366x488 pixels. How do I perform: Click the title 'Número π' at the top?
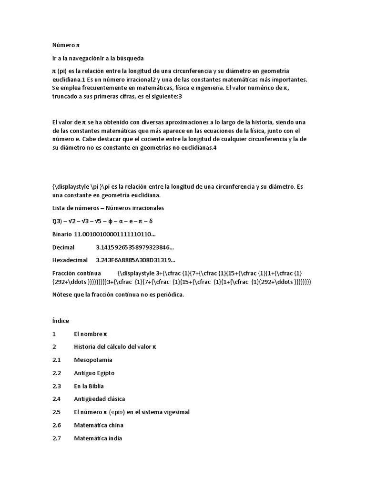point(66,45)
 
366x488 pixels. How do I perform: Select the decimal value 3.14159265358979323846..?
point(135,247)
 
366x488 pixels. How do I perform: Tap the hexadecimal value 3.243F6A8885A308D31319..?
point(135,260)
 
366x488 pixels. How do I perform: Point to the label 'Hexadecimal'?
point(70,260)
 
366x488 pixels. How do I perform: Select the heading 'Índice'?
point(61,321)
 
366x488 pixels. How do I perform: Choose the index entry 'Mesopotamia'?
point(93,360)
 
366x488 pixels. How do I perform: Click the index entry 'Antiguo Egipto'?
point(94,373)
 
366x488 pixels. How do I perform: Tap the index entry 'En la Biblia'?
point(89,386)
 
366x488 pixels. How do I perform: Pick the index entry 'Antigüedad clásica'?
point(99,398)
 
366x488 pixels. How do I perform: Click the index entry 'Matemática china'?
point(99,425)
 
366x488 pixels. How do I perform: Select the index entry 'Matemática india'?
point(98,437)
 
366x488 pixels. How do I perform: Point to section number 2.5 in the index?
point(57,412)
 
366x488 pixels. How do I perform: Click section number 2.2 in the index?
point(57,373)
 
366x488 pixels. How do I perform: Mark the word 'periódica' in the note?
point(168,295)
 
